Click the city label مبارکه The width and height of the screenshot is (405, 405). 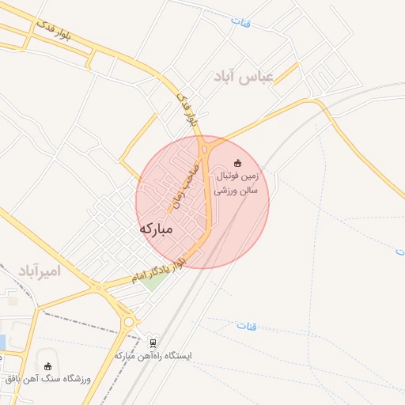155,229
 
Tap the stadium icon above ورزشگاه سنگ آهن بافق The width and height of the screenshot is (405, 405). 48,366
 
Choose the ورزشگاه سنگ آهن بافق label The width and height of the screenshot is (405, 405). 49,379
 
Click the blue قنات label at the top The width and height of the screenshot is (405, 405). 240,22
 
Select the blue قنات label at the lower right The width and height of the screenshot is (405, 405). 245,324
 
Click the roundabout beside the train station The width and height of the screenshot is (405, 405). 129,321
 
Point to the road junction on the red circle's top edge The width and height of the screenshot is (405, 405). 205,146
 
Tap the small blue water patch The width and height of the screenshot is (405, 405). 2,343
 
